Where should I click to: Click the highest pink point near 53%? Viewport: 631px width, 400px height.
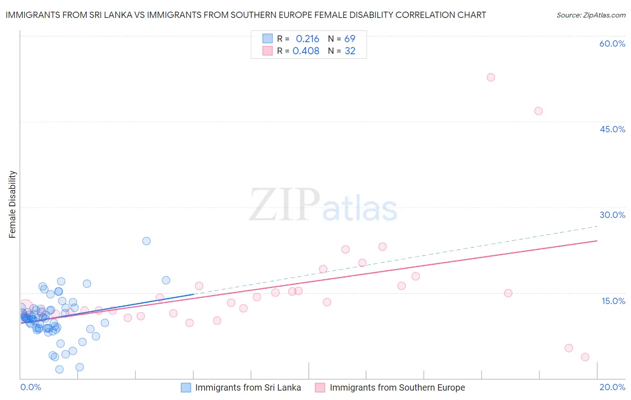pos(491,77)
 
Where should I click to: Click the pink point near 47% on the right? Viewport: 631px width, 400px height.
pos(538,111)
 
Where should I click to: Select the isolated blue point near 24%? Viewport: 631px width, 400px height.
pos(146,241)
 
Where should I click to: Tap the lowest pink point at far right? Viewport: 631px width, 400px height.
pos(585,357)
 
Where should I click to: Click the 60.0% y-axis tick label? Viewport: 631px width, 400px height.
pos(612,43)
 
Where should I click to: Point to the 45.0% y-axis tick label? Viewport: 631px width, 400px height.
pos(612,129)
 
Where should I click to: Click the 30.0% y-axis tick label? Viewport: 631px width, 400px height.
pos(612,215)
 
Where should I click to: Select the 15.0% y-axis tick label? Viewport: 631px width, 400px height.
pos(613,301)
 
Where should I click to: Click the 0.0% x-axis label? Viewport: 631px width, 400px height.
pos(31,387)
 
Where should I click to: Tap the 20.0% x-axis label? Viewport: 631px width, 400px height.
pos(612,387)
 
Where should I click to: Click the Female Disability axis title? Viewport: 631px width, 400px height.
pos(13,204)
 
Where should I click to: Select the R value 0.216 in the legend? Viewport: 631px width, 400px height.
pos(307,39)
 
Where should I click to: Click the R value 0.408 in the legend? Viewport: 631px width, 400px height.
pos(306,51)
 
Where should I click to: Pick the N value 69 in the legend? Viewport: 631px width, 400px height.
pos(350,39)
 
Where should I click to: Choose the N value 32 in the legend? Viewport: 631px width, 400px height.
pos(350,51)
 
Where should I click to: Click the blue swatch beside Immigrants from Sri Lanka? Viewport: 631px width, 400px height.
pos(186,387)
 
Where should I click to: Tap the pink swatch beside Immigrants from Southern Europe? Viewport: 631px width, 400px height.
pos(320,387)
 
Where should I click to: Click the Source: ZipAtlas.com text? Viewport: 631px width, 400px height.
pos(591,15)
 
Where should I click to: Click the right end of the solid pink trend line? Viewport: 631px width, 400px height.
pos(597,241)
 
